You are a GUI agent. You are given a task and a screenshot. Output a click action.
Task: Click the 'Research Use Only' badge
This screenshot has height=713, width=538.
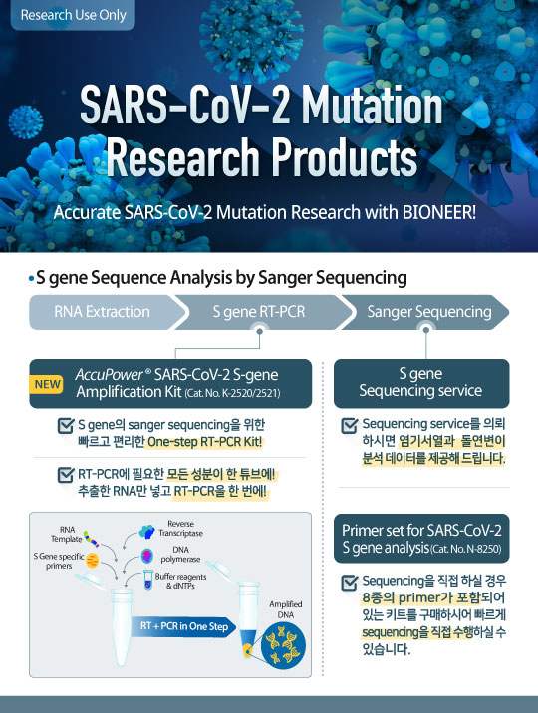click(x=73, y=15)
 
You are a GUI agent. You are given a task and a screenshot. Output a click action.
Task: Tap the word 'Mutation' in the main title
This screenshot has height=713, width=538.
click(x=372, y=107)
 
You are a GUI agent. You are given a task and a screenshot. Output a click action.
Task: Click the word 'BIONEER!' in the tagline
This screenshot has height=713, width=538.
click(x=438, y=212)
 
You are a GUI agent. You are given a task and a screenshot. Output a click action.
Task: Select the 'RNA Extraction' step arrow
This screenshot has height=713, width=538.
click(x=108, y=312)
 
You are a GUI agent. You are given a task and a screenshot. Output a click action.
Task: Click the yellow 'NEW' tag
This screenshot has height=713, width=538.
click(x=47, y=384)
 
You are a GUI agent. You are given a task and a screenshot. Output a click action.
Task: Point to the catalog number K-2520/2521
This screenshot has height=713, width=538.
click(x=232, y=393)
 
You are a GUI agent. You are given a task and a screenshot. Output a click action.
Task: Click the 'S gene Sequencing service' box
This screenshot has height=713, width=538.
click(x=421, y=383)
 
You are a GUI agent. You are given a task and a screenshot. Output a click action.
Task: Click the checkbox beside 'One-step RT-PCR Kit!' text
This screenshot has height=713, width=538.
click(x=66, y=425)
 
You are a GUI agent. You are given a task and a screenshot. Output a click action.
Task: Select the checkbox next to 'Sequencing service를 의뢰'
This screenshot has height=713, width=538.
click(x=350, y=425)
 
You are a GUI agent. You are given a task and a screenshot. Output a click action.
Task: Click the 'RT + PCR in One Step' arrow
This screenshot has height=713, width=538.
click(x=183, y=626)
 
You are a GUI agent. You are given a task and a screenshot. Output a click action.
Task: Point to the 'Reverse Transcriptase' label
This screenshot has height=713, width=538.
click(x=180, y=529)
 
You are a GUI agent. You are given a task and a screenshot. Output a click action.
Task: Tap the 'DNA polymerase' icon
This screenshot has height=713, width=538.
click(x=146, y=556)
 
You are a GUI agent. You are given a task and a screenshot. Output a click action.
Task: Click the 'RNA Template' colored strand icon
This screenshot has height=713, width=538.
click(x=91, y=539)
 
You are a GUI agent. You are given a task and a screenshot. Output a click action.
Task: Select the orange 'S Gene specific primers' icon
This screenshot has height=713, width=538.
click(x=92, y=561)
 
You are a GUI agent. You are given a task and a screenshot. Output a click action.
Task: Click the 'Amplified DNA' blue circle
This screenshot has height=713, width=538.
click(x=283, y=645)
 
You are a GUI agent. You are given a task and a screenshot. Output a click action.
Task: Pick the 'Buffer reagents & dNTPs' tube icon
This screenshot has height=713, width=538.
click(x=148, y=580)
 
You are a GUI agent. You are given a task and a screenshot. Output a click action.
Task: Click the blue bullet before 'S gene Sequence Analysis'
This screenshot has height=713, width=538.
click(x=31, y=278)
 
